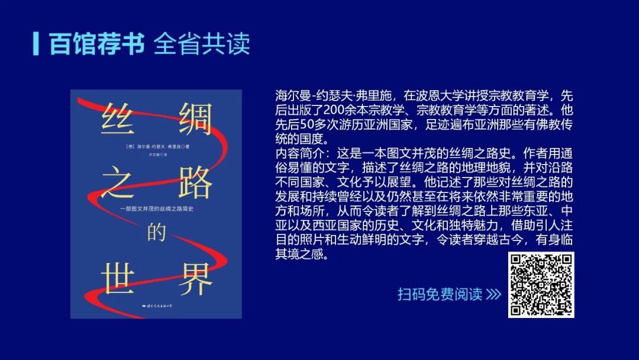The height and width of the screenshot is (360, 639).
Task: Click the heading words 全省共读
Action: pos(202,44)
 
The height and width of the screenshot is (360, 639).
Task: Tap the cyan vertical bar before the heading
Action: pos(37,43)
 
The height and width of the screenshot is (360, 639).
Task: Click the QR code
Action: pos(541,285)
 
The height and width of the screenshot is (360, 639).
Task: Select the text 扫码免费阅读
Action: pos(440,294)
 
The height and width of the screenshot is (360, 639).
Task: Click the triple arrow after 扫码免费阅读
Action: pos(493,294)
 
